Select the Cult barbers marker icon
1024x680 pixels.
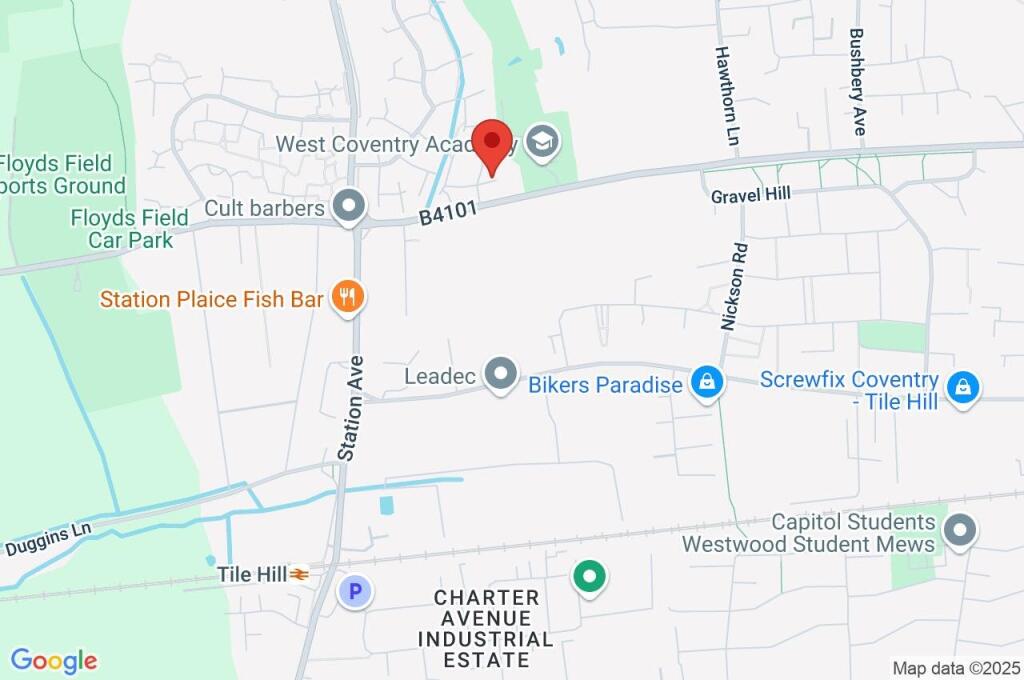349,207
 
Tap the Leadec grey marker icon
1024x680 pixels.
499,376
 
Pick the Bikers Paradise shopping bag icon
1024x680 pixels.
707,382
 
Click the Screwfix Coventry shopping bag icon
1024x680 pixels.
963,387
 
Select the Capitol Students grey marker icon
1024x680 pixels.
961,531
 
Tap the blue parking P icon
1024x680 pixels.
354,591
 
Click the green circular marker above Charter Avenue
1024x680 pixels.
589,577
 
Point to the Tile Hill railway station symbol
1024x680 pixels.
300,575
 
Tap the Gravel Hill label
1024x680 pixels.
751,195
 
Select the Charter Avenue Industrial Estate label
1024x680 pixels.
486,628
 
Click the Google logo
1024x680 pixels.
54,660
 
